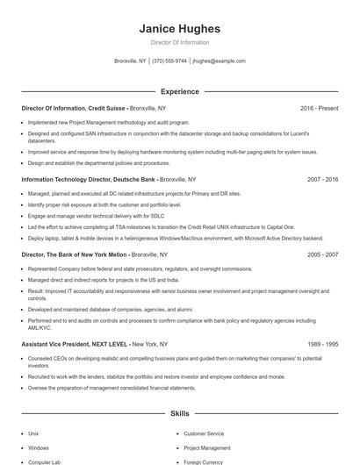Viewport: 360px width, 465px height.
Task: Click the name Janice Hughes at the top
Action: pyautogui.click(x=179, y=29)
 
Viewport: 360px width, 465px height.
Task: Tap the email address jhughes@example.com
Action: pyautogui.click(x=219, y=61)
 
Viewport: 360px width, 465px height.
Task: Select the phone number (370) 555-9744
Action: pyautogui.click(x=169, y=61)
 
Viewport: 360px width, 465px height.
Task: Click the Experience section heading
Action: pyautogui.click(x=179, y=91)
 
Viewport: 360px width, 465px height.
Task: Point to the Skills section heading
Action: pyautogui.click(x=179, y=412)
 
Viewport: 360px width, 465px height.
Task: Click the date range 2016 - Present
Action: pyautogui.click(x=319, y=108)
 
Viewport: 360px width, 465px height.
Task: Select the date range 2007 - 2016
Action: pyautogui.click(x=322, y=179)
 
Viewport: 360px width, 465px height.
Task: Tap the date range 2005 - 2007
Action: pyautogui.click(x=322, y=254)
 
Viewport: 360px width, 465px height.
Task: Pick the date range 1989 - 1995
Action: pyautogui.click(x=322, y=345)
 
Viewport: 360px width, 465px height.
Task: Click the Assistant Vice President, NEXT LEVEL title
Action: pyautogui.click(x=75, y=345)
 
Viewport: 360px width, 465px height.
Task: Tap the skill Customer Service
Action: pyautogui.click(x=203, y=433)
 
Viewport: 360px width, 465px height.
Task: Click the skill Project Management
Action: pyautogui.click(x=206, y=447)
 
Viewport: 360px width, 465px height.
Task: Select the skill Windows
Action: pyautogui.click(x=38, y=447)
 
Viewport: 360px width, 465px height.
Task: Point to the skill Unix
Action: pyautogui.click(x=33, y=433)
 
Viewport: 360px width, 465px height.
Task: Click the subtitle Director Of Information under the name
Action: pyautogui.click(x=179, y=42)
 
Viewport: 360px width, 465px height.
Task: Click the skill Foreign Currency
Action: pyautogui.click(x=203, y=461)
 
